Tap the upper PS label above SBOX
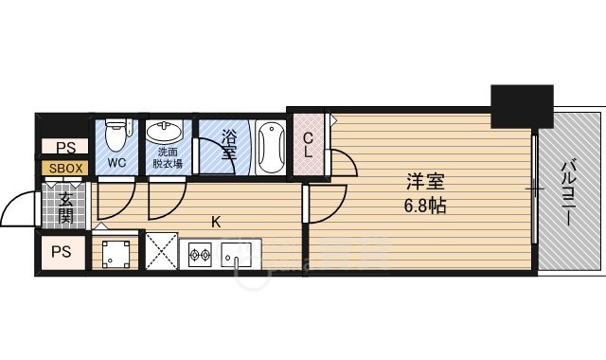click(x=64, y=148)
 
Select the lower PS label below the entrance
click(x=62, y=252)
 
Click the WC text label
click(x=116, y=163)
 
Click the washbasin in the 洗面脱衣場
click(x=169, y=133)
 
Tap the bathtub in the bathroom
click(x=270, y=147)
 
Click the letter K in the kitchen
click(x=216, y=223)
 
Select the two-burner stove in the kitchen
click(x=201, y=253)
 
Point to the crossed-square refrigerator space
click(x=162, y=252)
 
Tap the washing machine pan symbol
click(x=117, y=252)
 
